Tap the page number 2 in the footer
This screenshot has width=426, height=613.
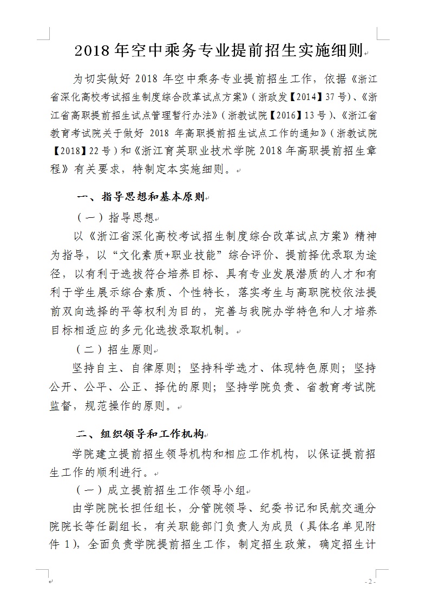click(x=370, y=582)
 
